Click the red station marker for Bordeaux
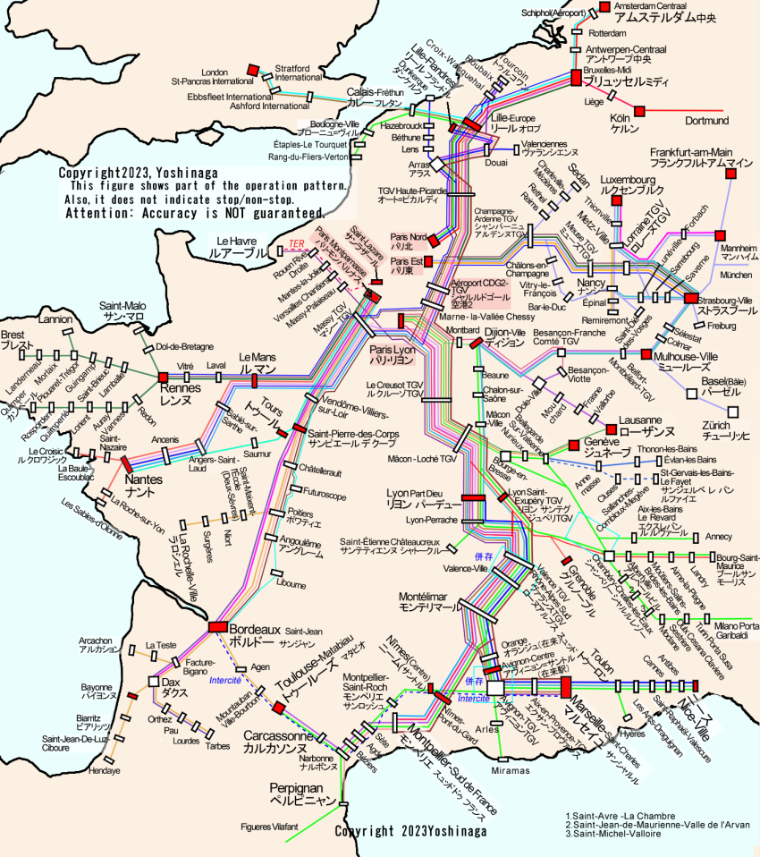pos(218,627)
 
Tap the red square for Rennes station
pos(163,378)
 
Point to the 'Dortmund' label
pos(706,121)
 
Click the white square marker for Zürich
pos(733,412)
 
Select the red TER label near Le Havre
pos(299,243)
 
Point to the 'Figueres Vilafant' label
pos(270,827)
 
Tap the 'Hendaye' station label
pos(105,771)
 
